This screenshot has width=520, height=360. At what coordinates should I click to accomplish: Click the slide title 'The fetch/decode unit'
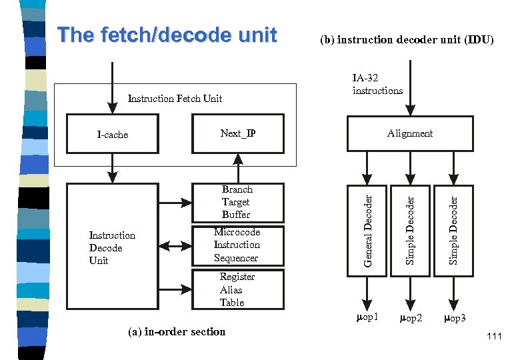[167, 35]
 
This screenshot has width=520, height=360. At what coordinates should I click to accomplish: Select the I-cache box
[113, 134]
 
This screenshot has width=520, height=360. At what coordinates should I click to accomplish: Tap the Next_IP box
[238, 134]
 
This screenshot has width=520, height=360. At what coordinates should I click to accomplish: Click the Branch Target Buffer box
[238, 202]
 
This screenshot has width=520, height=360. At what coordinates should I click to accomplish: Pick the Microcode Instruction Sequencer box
[238, 245]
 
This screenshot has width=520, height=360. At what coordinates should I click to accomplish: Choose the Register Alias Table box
[238, 289]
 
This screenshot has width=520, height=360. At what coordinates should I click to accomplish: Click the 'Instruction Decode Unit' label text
[112, 247]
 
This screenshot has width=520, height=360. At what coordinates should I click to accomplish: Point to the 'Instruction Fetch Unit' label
[175, 99]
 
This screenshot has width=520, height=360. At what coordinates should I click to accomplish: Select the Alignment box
[410, 133]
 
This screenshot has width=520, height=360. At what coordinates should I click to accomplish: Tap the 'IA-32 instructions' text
[377, 84]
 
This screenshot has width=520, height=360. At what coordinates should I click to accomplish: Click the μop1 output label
[367, 317]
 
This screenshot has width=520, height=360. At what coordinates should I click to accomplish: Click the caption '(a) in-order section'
[177, 331]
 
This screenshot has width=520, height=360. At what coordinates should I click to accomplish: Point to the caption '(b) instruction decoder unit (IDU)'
[407, 40]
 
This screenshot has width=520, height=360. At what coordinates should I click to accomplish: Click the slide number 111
[494, 337]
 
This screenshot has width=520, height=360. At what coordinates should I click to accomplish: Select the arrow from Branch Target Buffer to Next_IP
[238, 169]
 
